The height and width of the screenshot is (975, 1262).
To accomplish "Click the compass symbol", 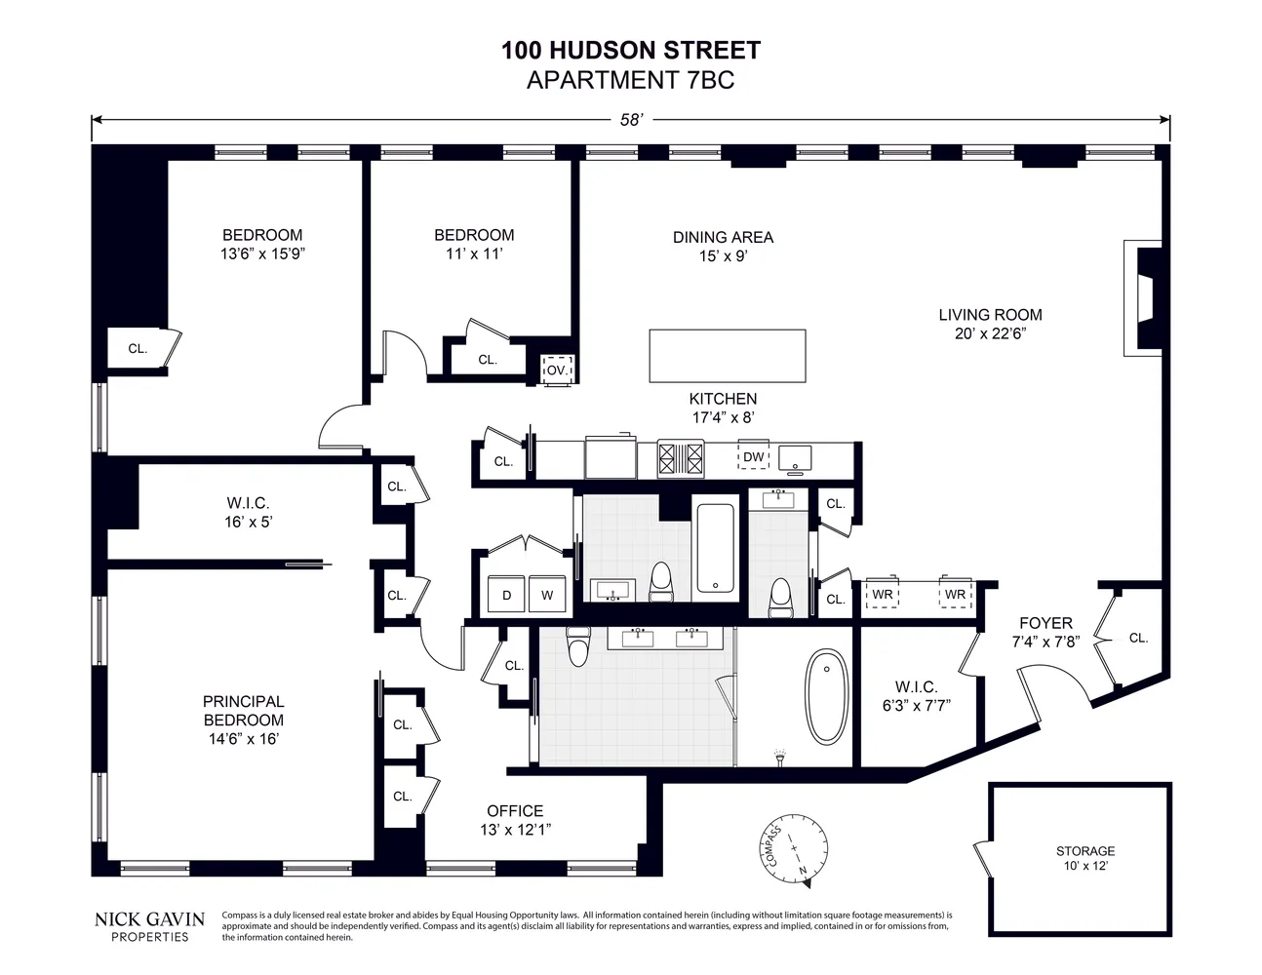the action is click(793, 849).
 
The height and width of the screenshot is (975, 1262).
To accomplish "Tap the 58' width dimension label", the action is click(631, 120).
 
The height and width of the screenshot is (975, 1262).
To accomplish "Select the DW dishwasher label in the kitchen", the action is click(753, 456).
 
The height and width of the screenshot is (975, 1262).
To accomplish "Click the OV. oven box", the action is click(558, 370).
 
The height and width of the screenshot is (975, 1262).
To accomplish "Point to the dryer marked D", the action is click(506, 594).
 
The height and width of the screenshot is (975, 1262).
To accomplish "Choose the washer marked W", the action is click(547, 594).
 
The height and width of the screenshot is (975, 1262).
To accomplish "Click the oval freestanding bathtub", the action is click(826, 696).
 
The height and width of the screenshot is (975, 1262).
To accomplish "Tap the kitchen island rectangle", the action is click(728, 356).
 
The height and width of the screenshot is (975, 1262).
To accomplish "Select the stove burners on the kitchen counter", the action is click(681, 458).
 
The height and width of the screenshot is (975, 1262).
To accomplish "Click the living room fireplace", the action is click(1143, 297).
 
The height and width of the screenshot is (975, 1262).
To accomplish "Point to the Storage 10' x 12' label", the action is click(1085, 858).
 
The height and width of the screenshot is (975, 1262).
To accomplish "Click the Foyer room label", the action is click(1045, 623).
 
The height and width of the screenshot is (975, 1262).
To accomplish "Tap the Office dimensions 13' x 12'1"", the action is click(515, 830).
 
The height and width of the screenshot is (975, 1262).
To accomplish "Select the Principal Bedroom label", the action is click(244, 711).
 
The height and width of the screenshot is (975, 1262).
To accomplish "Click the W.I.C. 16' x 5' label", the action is click(248, 513).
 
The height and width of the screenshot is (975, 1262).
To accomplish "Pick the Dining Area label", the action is click(723, 237).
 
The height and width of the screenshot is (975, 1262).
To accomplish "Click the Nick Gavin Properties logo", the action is click(149, 927).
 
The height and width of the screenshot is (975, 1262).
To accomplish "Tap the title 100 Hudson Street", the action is click(631, 51).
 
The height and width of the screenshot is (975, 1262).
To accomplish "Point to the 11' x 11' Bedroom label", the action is click(474, 244).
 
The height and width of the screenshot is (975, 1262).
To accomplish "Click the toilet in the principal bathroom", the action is click(578, 645).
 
